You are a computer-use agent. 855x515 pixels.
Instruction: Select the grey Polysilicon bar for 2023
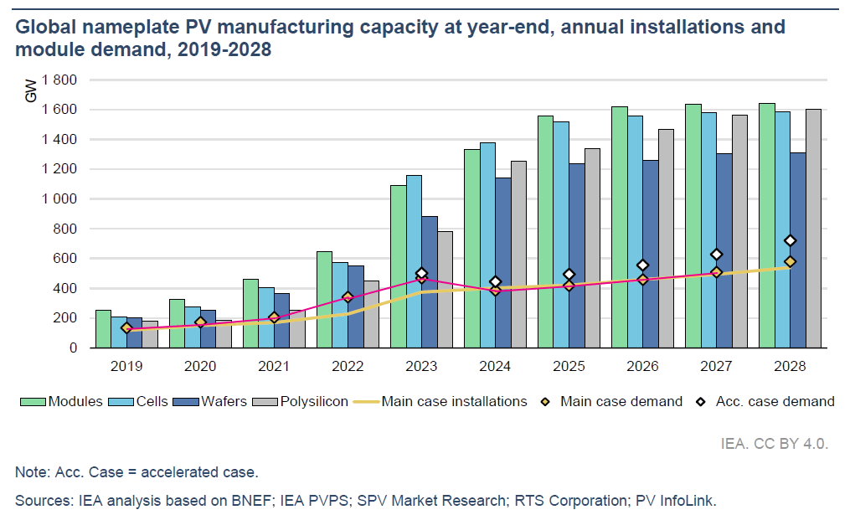[445, 289]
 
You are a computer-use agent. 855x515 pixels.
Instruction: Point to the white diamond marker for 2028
[790, 241]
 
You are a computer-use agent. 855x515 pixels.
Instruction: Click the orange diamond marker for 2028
[790, 261]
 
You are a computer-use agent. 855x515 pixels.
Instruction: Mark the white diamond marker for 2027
[716, 254]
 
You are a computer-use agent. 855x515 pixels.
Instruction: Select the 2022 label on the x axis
[348, 365]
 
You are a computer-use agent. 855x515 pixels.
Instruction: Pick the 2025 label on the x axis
[569, 365]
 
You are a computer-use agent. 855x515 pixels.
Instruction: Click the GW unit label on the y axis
[31, 90]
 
